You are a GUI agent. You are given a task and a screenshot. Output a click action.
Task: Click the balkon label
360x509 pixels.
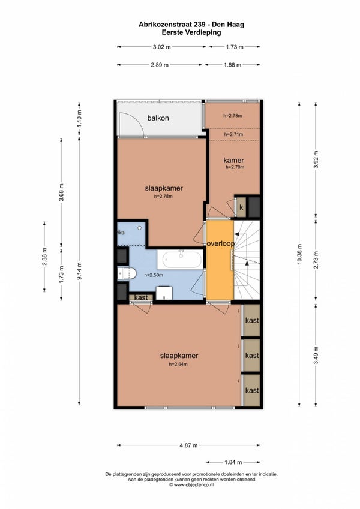158,118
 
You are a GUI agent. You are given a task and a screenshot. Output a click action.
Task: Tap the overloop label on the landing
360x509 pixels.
220,244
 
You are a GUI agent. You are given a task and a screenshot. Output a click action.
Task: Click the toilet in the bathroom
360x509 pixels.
127,273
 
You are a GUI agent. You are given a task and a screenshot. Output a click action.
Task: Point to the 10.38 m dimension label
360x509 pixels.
299,254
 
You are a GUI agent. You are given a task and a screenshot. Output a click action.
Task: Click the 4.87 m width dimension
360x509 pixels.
188,445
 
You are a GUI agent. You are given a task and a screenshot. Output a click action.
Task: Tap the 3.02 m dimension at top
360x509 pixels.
162,47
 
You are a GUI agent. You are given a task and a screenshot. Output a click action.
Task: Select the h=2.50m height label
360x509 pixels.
154,275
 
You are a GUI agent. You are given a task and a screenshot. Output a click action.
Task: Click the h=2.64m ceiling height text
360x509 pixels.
178,365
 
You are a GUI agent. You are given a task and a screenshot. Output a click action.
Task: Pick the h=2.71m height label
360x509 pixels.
233,134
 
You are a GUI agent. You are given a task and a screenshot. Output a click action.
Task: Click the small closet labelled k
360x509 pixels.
241,207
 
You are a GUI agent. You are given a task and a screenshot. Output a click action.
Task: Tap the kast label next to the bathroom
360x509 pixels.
140,297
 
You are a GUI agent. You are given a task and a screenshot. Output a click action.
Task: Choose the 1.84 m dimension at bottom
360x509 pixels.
233,462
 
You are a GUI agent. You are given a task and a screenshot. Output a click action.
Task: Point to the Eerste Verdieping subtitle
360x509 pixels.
191,32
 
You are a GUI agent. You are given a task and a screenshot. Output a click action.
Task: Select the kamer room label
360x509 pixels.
233,160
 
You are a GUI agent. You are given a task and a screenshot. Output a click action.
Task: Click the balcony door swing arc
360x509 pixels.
137,120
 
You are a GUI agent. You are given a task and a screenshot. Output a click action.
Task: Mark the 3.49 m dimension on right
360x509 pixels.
316,355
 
